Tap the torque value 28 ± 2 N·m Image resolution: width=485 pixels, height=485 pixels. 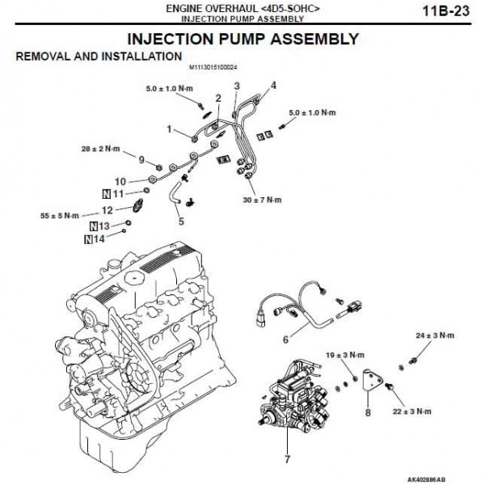click(100, 149)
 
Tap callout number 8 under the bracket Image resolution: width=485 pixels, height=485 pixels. click(368, 412)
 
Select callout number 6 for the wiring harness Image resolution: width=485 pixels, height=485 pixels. click(285, 341)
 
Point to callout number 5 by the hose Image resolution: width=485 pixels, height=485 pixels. click(181, 220)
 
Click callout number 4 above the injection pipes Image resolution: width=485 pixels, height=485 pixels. click(273, 84)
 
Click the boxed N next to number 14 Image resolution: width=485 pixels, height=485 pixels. click(87, 239)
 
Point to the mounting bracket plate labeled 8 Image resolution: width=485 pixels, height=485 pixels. click(373, 384)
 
